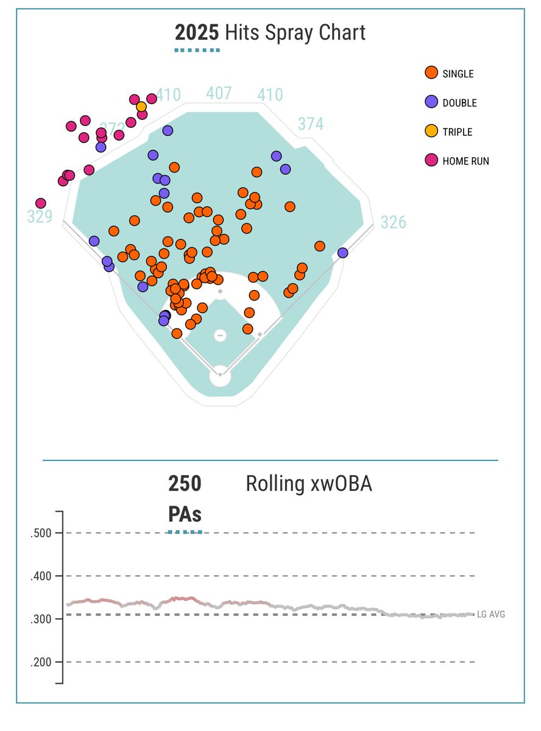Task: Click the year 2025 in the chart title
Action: tap(197, 32)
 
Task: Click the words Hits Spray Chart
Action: tap(295, 32)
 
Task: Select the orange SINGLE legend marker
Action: tap(431, 73)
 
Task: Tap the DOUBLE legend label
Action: tap(459, 103)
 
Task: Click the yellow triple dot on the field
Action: tap(141, 107)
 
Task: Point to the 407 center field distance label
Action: tap(219, 93)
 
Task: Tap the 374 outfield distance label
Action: tap(311, 124)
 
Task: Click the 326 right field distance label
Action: tap(393, 222)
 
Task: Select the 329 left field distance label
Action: tap(40, 217)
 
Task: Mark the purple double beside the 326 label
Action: tap(342, 253)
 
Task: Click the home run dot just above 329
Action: tap(41, 203)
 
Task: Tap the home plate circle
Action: tap(220, 376)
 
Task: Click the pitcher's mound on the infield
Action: tap(221, 335)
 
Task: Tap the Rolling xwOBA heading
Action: tap(309, 484)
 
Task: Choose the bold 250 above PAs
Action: tap(185, 484)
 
